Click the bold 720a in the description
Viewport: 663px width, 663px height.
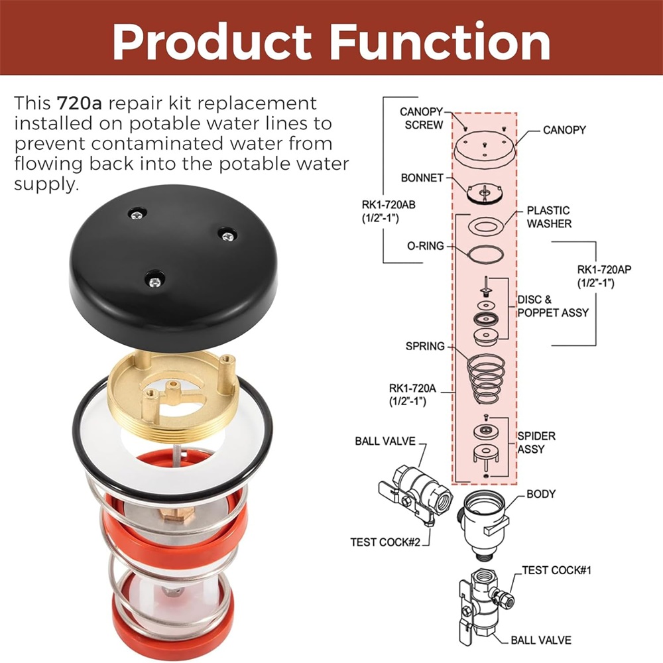(79, 103)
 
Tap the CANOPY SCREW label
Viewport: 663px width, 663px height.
(421, 119)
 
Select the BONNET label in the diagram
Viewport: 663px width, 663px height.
(422, 178)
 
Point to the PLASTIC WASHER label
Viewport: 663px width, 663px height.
(549, 217)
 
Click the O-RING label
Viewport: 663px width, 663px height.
(426, 246)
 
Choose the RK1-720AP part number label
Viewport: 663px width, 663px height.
(604, 276)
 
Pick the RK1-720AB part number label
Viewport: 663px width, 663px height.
(388, 211)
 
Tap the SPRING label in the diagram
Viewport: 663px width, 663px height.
(425, 346)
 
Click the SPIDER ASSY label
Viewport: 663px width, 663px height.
(536, 442)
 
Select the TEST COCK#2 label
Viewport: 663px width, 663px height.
(385, 542)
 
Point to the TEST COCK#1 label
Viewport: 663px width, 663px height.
(556, 570)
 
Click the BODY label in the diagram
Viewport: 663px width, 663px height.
(541, 494)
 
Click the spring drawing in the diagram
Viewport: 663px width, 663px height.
(485, 378)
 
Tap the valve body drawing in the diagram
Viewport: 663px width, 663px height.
(483, 525)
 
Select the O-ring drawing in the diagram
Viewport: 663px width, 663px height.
(486, 255)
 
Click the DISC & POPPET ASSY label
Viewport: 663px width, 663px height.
(553, 306)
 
